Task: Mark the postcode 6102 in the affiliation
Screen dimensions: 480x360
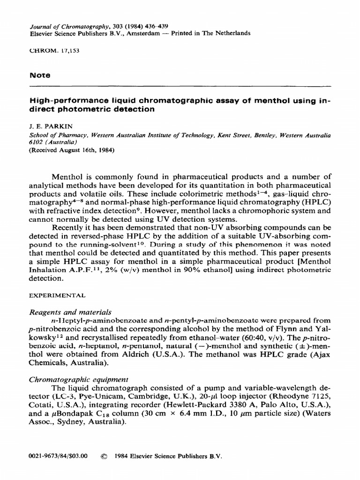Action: coord(37,142)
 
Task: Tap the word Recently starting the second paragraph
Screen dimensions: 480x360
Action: coord(70,228)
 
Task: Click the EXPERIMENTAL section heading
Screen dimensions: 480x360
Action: coord(57,296)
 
